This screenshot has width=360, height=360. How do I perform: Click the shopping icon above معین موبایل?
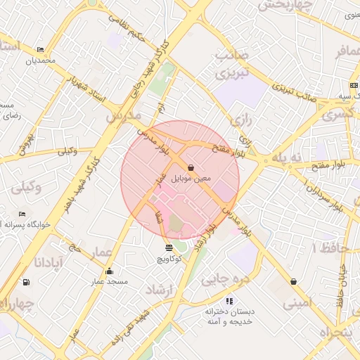pyautogui.click(x=191, y=167)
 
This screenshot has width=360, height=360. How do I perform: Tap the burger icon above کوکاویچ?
pyautogui.click(x=169, y=247)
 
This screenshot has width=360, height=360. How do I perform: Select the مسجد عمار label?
pyautogui.click(x=108, y=282)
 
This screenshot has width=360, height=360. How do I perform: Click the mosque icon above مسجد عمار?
pyautogui.click(x=108, y=271)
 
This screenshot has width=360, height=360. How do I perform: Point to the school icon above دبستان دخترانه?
pyautogui.click(x=229, y=301)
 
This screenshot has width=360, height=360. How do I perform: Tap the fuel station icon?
pyautogui.click(x=26, y=282)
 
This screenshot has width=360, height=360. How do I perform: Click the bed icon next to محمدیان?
pyautogui.click(x=40, y=49)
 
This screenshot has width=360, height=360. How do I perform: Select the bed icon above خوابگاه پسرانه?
pyautogui.click(x=22, y=214)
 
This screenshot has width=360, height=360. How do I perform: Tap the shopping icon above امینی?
pyautogui.click(x=292, y=281)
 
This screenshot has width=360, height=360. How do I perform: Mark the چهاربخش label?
pyautogui.click(x=285, y=6)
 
